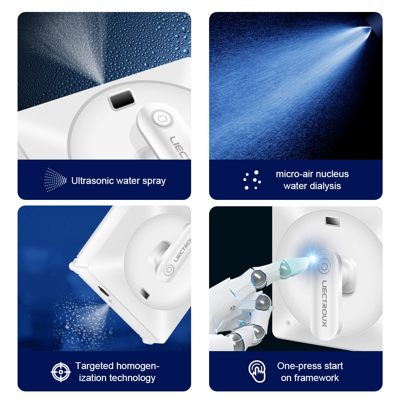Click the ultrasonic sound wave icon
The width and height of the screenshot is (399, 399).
(55, 180)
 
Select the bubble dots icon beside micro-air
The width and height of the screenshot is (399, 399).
(252, 180)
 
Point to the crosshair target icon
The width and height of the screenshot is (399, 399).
(61, 372)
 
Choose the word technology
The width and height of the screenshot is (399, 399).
(130, 378)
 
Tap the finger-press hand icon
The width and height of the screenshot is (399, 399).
(257, 371)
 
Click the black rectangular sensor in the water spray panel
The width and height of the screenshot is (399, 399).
(122, 99)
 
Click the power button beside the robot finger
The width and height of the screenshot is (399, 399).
(324, 267)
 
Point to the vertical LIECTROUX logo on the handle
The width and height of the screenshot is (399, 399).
(324, 304)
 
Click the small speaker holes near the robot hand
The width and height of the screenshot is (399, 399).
(288, 323)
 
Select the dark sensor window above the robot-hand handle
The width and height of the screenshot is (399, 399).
(333, 221)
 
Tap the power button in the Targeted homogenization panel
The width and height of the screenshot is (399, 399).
(169, 270)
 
